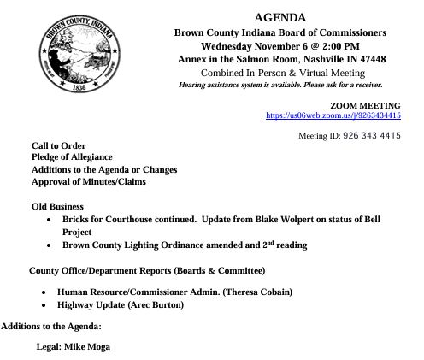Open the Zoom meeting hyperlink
[x=333, y=115]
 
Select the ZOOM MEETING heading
[x=365, y=104]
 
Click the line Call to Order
[x=59, y=146]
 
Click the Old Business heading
[x=57, y=207]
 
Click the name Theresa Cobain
[x=260, y=292]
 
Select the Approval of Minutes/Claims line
[x=89, y=182]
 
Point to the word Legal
[x=48, y=347]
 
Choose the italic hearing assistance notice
[x=280, y=85]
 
